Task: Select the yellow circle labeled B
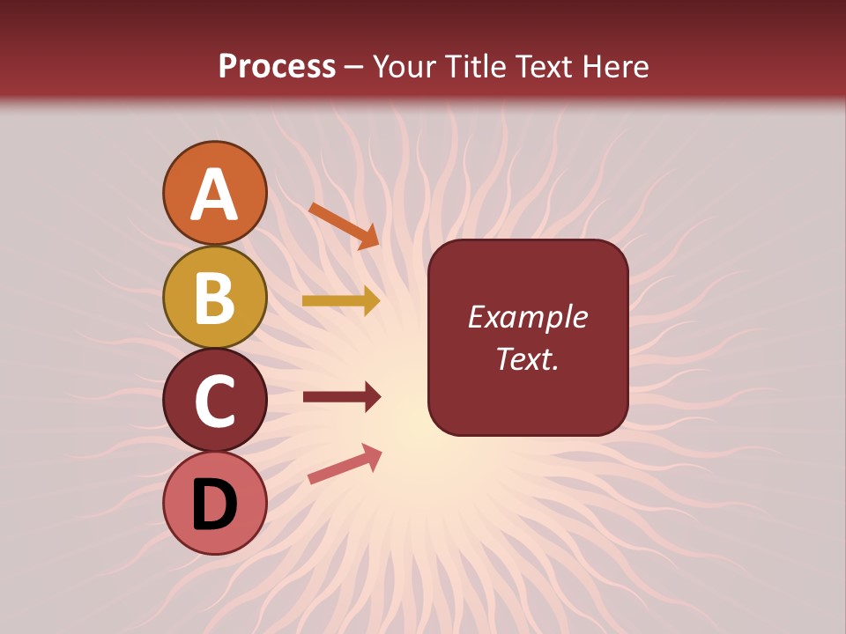click(x=214, y=297)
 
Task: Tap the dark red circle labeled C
click(x=214, y=400)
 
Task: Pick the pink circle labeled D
click(x=214, y=503)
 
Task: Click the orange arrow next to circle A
click(x=344, y=225)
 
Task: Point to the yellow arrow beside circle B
click(x=341, y=301)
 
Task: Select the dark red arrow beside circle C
click(x=341, y=397)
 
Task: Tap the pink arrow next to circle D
click(x=344, y=464)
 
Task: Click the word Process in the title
click(x=277, y=66)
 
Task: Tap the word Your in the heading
click(x=404, y=66)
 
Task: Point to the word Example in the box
click(x=527, y=317)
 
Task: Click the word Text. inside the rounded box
click(x=527, y=358)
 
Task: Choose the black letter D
click(x=214, y=505)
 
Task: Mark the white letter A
click(x=214, y=194)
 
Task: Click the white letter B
click(x=214, y=298)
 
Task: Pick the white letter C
click(x=214, y=401)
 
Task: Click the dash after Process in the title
click(x=354, y=67)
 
